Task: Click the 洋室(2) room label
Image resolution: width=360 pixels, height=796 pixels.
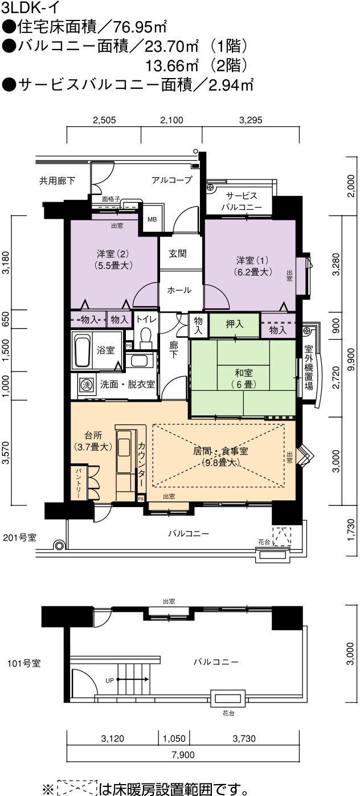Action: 113,259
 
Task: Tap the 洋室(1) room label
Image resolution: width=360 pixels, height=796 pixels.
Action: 253,266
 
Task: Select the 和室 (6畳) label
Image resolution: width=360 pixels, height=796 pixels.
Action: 244,378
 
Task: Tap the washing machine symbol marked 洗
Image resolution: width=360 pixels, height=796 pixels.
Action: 85,384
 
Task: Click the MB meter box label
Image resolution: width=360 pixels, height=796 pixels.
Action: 152,219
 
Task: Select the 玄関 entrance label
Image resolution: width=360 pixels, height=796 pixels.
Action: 177,254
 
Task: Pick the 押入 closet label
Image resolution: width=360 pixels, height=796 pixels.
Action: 235,324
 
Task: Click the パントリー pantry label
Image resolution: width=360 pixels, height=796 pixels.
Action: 79,483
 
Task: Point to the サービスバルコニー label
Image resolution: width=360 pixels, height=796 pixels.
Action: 242,201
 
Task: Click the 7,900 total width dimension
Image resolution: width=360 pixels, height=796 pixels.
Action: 183,754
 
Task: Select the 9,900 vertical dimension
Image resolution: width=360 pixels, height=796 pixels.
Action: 351,360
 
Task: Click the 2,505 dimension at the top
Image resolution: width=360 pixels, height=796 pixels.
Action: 104,120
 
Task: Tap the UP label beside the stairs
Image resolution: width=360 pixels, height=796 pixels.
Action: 109,680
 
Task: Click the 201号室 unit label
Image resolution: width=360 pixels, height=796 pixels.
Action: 19,537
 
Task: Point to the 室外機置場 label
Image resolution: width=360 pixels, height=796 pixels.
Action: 309,368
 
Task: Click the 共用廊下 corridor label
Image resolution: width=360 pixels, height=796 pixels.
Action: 57,181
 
